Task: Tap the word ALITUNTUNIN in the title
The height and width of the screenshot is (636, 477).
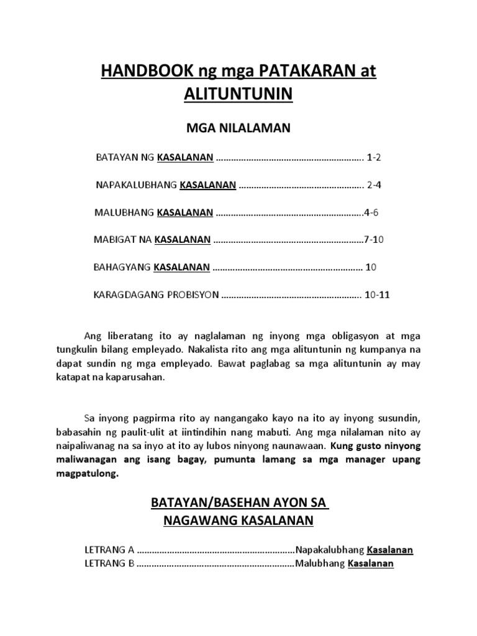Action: click(x=238, y=96)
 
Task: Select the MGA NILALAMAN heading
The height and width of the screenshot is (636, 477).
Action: click(x=238, y=129)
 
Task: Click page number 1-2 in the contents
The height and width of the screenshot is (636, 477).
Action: click(x=374, y=158)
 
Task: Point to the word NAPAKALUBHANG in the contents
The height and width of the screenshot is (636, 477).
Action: click(x=136, y=185)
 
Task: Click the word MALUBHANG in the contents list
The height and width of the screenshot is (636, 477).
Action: click(x=124, y=212)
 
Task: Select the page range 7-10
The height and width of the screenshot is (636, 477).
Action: click(x=375, y=239)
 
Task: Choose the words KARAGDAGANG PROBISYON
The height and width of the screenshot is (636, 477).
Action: click(x=156, y=295)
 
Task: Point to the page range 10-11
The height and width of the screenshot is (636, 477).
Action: click(x=378, y=295)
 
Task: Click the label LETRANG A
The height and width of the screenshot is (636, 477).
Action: click(x=109, y=550)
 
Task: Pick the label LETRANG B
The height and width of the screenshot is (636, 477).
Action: click(x=109, y=564)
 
